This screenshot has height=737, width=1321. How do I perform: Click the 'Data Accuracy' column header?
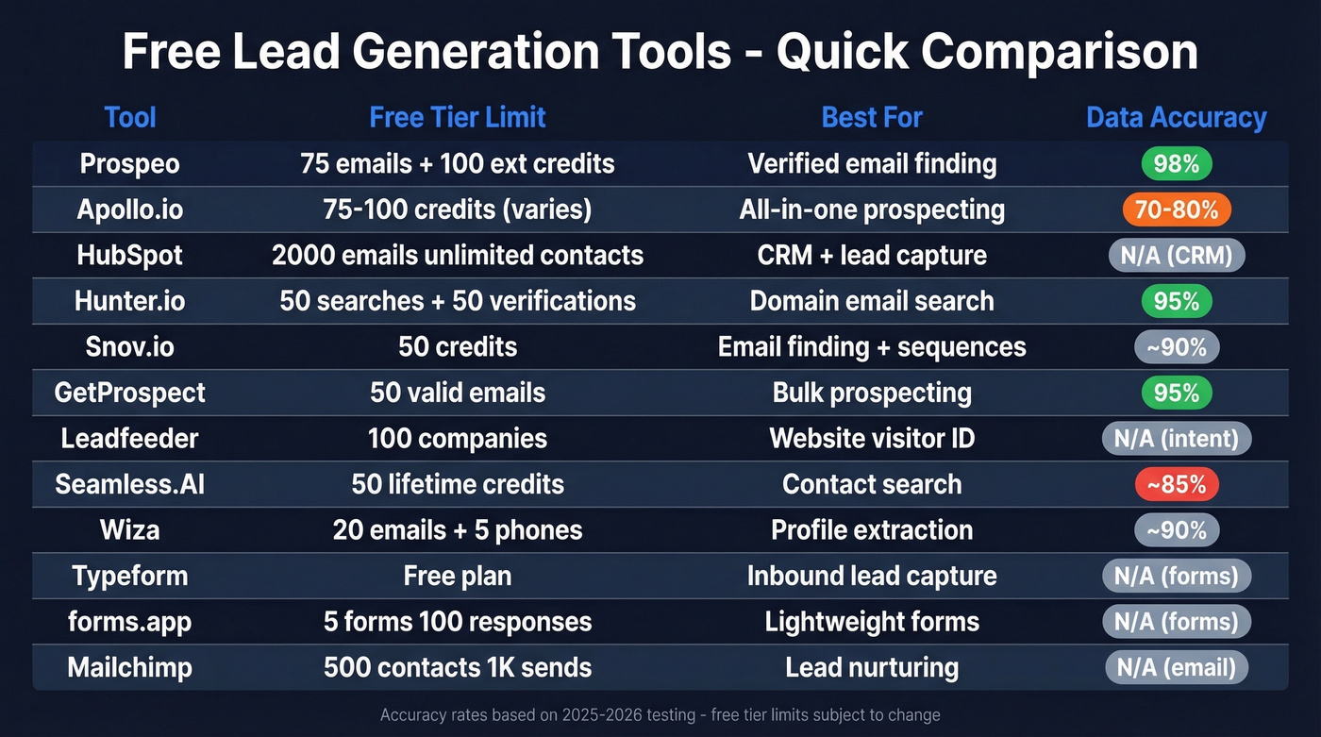pos(1176,118)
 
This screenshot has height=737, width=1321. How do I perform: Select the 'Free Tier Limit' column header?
pos(458,117)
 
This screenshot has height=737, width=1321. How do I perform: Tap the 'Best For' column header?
pos(872,117)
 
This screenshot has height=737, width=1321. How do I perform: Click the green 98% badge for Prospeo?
pos(1176,163)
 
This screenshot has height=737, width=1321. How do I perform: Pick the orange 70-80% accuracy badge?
pos(1176,209)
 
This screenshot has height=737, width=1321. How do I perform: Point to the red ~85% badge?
pos(1176,484)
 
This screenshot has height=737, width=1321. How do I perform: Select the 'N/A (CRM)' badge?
pos(1176,256)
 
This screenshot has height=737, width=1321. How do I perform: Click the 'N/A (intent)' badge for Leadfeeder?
pos(1176,438)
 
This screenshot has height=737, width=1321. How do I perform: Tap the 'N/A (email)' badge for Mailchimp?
pos(1176,668)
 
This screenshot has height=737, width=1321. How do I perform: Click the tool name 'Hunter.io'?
pos(130,301)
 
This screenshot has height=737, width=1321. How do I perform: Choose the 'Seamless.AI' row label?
pos(130,484)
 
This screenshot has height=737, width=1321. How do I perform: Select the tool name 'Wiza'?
pos(130,530)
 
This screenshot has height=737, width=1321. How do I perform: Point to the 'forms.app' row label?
pos(130,622)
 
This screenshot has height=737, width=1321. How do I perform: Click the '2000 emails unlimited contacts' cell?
pos(458,256)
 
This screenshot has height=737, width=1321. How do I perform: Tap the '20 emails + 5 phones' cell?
pos(458,530)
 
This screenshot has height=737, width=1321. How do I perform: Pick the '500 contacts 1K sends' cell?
pos(458,668)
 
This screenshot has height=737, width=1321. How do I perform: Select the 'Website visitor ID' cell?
pos(872,438)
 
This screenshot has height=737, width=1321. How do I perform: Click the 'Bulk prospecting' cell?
pos(872,393)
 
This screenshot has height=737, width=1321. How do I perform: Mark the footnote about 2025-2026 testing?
pos(660,715)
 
